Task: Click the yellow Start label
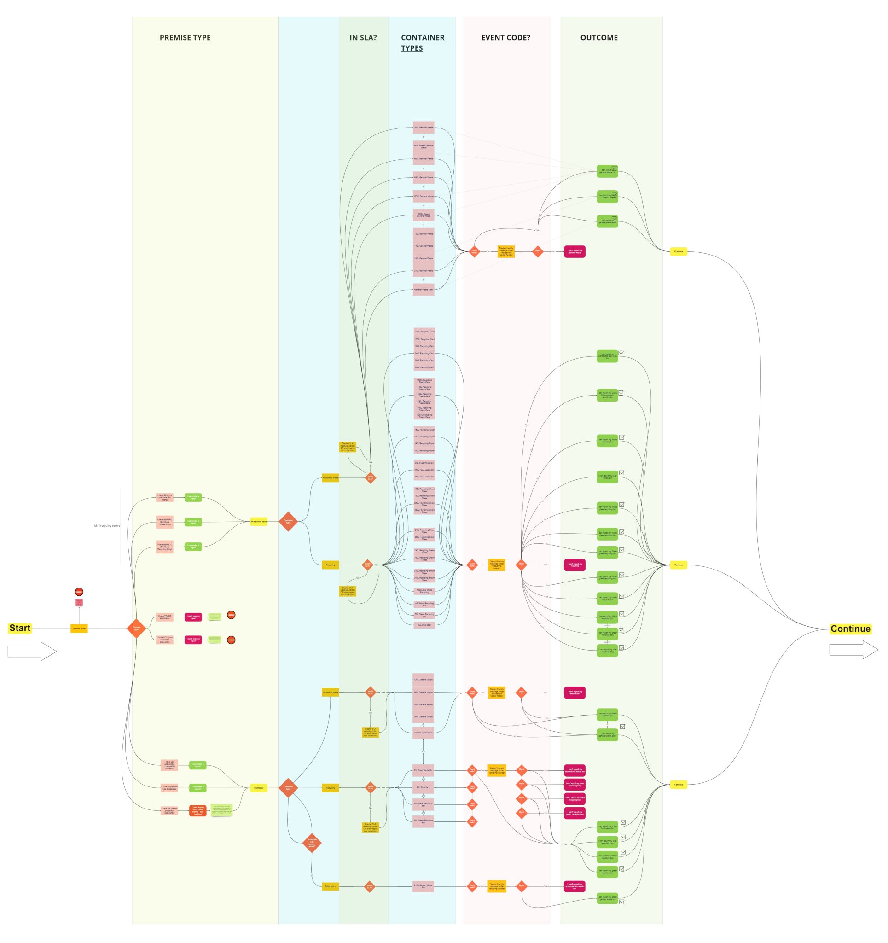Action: click(19, 628)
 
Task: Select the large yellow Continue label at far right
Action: click(850, 629)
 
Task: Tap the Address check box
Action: click(79, 629)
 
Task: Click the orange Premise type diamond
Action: click(137, 629)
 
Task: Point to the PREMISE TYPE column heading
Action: click(185, 38)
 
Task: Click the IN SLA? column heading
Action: click(363, 38)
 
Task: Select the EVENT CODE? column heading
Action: click(505, 38)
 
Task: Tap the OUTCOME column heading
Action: click(598, 38)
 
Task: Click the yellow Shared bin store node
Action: click(259, 521)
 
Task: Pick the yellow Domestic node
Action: click(259, 788)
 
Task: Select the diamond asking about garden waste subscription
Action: click(312, 843)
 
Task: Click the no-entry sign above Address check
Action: click(79, 592)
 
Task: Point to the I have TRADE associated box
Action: click(165, 617)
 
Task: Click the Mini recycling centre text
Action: click(107, 525)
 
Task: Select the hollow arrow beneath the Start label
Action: click(32, 652)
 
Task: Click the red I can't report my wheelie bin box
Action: click(575, 693)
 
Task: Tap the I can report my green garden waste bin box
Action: click(607, 898)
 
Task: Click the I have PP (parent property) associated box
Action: click(169, 810)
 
